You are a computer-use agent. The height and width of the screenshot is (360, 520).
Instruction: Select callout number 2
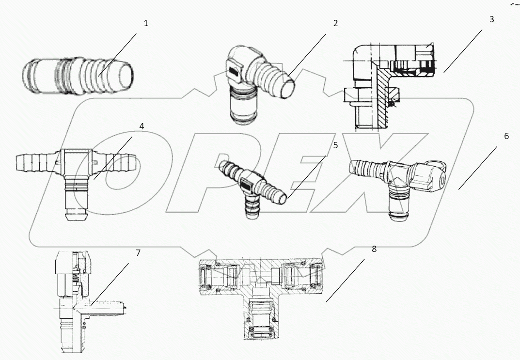(x=335, y=23)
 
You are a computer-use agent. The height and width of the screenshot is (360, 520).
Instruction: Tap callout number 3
(x=491, y=19)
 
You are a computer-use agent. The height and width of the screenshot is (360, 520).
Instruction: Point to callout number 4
(x=142, y=126)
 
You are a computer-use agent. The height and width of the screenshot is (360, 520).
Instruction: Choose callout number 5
(x=335, y=144)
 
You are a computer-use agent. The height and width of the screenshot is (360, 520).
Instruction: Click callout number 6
(x=506, y=136)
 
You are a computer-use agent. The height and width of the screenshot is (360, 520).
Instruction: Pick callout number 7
(x=138, y=252)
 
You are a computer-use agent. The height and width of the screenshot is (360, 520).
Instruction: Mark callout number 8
(x=374, y=249)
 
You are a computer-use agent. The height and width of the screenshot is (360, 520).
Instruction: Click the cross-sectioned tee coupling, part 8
(x=262, y=296)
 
